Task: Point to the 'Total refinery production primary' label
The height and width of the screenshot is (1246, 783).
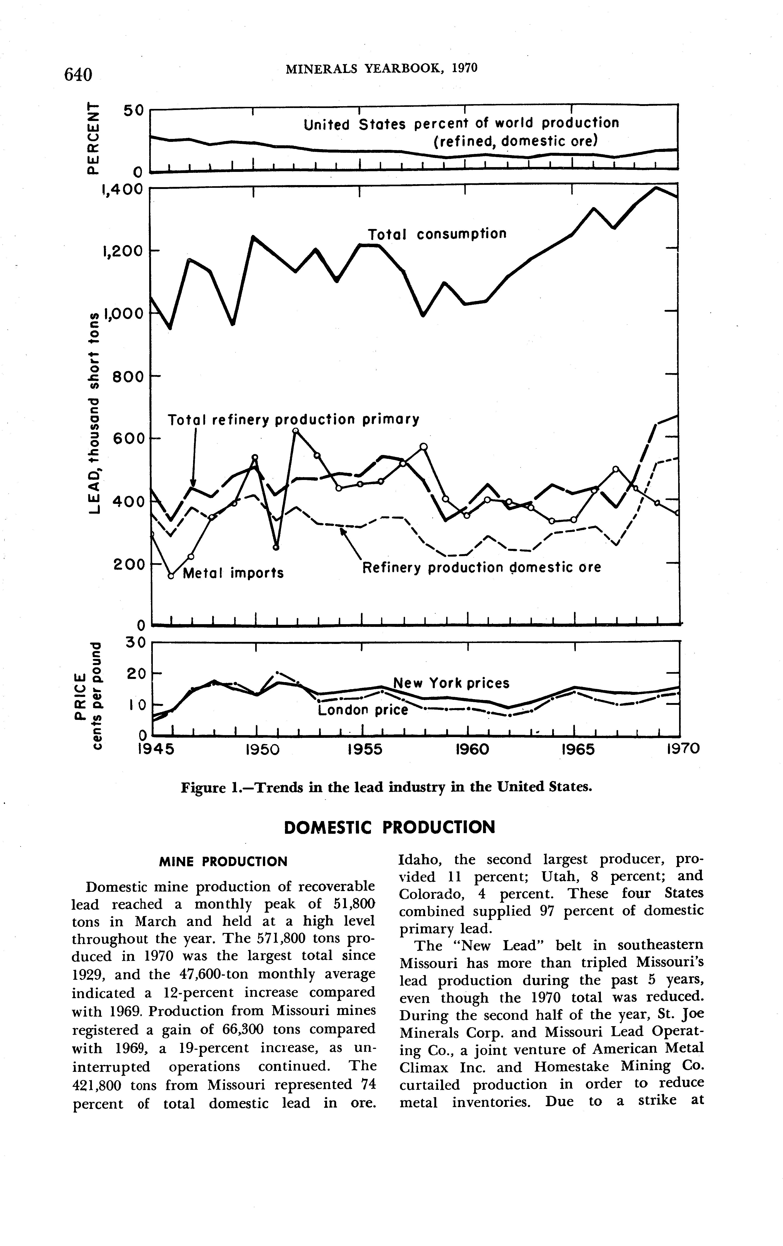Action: [293, 419]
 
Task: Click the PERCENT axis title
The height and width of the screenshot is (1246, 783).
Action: [92, 137]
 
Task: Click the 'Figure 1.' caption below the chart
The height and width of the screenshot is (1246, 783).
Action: [385, 787]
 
